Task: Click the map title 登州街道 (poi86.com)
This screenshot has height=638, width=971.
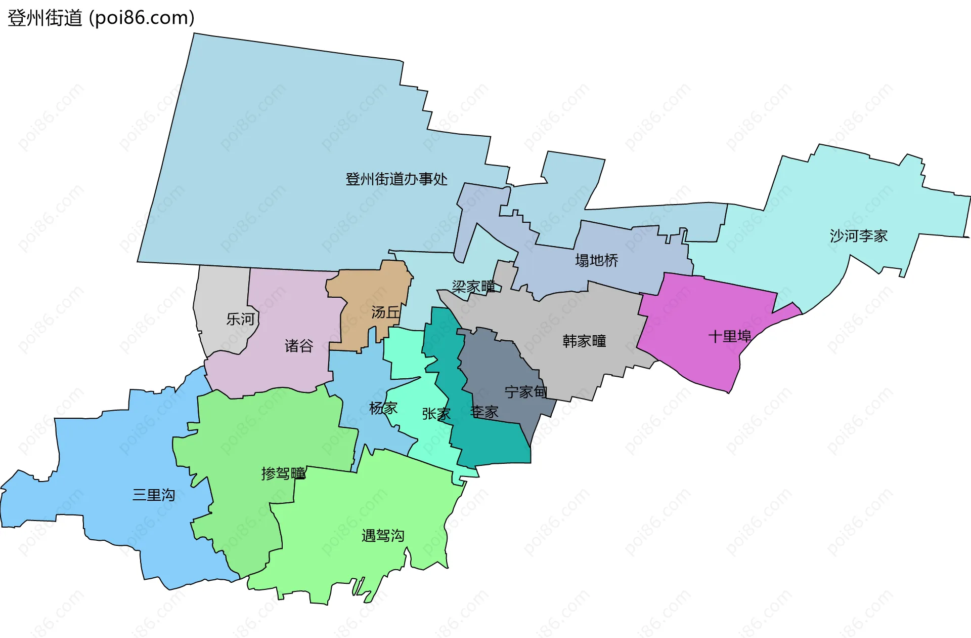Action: coord(101,18)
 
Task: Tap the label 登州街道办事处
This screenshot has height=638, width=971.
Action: coord(396,179)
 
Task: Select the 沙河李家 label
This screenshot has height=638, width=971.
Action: coord(858,236)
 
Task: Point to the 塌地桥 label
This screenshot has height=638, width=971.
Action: coord(596,261)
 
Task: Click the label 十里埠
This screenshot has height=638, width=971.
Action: coord(729,337)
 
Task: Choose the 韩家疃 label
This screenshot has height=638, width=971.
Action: coord(584,341)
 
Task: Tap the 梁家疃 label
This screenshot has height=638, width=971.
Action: coord(473,287)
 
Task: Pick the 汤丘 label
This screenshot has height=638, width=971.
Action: coord(385,312)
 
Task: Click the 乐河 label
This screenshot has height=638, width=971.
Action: coord(240,320)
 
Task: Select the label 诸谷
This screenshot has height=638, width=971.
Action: coord(299,346)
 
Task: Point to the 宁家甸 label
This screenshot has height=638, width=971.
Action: coord(525,392)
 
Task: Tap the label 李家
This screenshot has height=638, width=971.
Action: coord(484,412)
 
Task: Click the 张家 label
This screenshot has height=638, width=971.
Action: coord(436,414)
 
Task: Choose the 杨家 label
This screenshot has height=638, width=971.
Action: coord(383,408)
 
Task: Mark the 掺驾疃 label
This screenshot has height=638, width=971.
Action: coord(283,473)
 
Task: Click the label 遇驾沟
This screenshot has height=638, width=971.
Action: coord(383,536)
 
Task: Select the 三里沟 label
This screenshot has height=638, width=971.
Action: coord(154,495)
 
